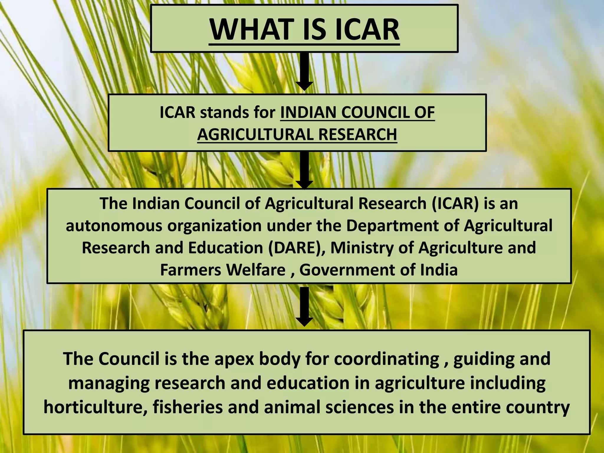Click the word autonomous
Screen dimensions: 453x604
(114, 226)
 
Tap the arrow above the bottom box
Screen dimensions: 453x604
(304, 307)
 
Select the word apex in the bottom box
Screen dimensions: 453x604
(234, 359)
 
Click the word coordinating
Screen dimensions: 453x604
(387, 359)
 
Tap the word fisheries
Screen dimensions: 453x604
(188, 407)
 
